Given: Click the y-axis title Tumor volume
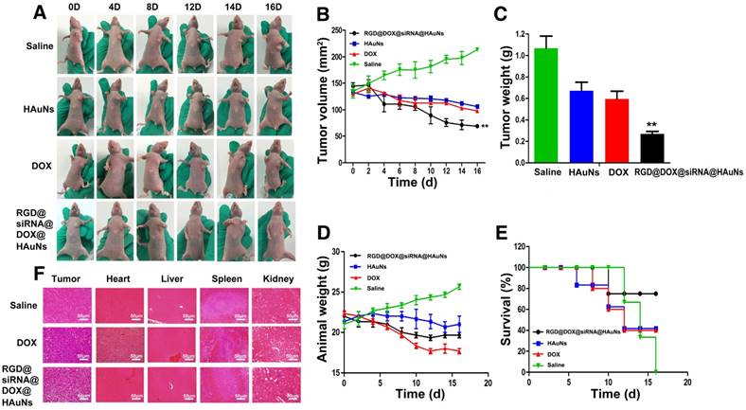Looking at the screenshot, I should click(x=324, y=97).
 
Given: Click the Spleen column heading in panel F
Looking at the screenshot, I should click(x=219, y=278).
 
